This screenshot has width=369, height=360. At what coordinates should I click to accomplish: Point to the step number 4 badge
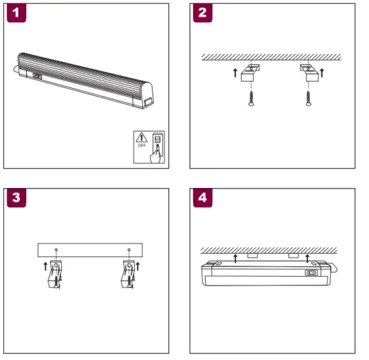click(203, 199)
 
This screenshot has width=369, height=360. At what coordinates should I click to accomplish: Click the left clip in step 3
click(57, 273)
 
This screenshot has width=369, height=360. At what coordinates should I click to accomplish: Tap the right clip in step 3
click(127, 273)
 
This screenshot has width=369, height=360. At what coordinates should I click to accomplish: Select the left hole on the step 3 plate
click(56, 250)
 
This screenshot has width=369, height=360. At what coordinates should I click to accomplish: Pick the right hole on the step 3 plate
click(127, 250)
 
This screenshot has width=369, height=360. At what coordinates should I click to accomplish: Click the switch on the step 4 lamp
click(311, 273)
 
